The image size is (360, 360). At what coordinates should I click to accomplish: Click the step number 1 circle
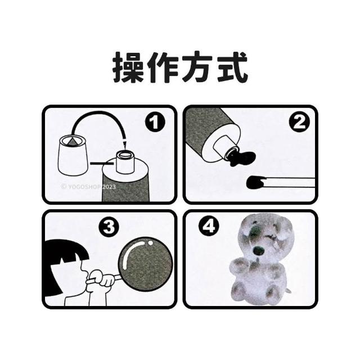coord(155,122)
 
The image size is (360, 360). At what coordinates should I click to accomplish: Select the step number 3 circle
coord(109,226)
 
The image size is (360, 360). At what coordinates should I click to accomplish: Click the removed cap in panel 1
coord(73,156)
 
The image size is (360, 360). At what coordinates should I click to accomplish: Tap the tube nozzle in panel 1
coord(125,162)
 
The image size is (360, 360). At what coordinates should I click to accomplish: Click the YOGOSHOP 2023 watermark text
coord(88,187)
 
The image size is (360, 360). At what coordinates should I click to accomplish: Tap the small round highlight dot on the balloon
coord(150,242)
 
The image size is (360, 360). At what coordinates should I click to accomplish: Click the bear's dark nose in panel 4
coord(258,251)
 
